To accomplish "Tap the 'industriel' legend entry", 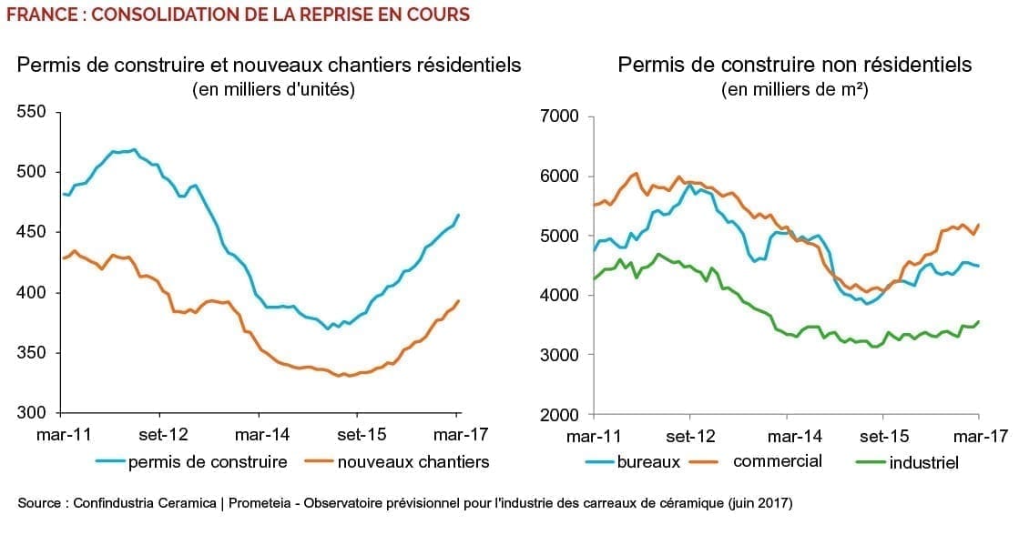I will (x=923, y=462).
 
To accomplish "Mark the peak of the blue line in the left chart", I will (x=134, y=149).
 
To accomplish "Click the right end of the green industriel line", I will (x=979, y=321).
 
